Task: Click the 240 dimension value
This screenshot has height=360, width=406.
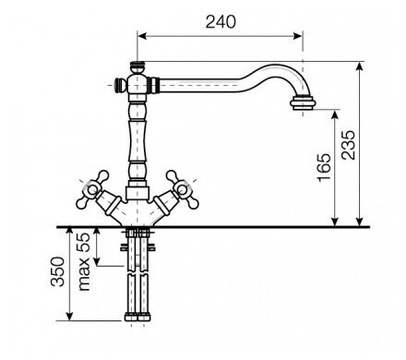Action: tap(221, 22)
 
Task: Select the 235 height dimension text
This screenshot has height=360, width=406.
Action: tap(349, 145)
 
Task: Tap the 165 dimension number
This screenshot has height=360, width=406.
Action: tap(325, 167)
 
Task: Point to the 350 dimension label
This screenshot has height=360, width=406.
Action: tap(58, 271)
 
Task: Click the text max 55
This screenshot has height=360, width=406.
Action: tap(83, 262)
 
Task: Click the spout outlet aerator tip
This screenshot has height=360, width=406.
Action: tap(303, 103)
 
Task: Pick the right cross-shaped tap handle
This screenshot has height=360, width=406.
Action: tap(183, 189)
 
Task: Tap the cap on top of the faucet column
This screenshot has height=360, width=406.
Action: tap(137, 66)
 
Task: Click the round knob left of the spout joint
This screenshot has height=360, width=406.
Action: tap(120, 85)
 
